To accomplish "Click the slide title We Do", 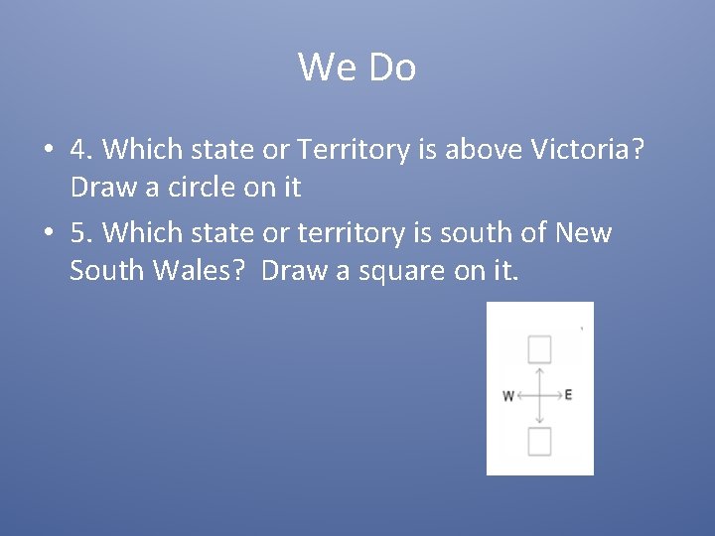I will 357,67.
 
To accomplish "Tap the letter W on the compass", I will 508,396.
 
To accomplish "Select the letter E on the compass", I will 568,395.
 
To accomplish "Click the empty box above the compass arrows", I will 539,349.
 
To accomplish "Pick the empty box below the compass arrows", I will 539,442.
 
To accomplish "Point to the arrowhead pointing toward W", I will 519,395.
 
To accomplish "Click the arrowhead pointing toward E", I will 559,395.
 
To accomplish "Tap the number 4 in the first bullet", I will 78,150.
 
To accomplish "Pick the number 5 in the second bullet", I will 78,233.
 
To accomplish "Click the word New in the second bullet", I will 584,233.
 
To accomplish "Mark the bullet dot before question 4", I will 47,151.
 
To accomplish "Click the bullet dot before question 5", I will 47,234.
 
